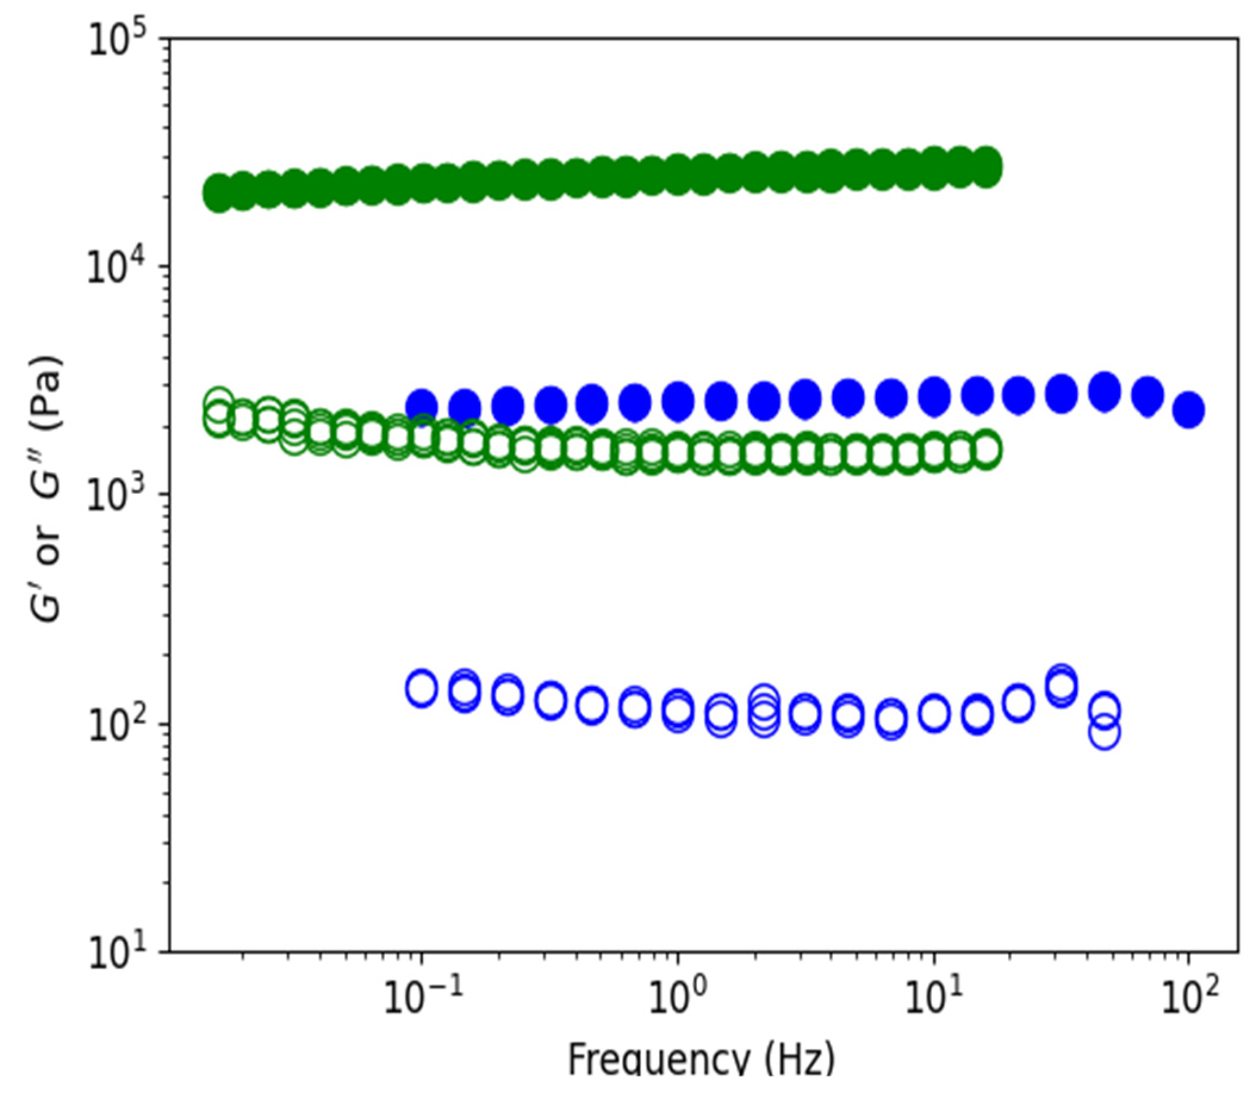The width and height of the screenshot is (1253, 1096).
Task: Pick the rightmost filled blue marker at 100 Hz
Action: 1188,410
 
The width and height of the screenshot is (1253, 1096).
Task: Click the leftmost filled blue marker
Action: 422,406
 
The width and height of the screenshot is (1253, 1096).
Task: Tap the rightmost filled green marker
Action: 986,166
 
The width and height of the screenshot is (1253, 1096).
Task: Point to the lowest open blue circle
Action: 1104,731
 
